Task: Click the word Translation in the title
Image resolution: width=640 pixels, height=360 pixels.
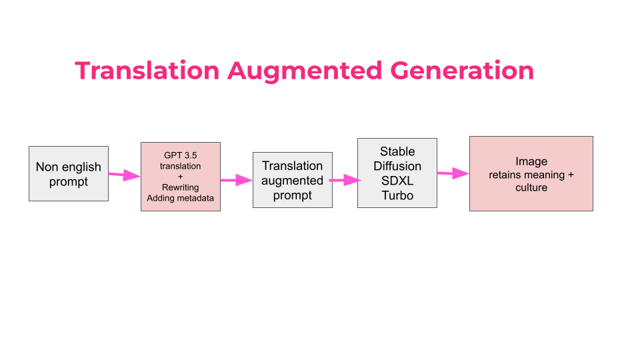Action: tap(147, 71)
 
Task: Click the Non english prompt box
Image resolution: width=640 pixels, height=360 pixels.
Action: tap(69, 174)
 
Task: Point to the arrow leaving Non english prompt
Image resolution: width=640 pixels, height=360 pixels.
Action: tap(124, 175)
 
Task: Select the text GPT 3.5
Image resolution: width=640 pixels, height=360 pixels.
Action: tap(180, 155)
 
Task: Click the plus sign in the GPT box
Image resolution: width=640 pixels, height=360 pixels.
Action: tap(180, 177)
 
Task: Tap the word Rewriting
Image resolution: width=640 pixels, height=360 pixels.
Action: tap(180, 187)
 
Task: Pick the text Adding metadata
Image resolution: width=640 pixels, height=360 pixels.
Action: tap(180, 198)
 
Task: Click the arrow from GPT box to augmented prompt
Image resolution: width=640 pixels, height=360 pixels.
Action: tap(236, 180)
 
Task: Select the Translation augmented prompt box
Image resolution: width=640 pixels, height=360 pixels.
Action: tap(292, 180)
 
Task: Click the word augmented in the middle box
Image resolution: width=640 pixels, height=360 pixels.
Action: tap(292, 181)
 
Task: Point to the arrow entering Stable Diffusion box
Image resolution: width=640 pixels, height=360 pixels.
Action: tap(344, 180)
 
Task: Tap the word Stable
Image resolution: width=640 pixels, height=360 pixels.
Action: tap(397, 151)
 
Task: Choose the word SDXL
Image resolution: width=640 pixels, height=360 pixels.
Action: tap(397, 181)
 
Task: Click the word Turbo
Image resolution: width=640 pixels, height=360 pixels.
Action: tap(397, 195)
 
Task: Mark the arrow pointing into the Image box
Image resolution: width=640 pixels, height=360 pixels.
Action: tap(453, 173)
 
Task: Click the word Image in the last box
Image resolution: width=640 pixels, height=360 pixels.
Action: tap(531, 161)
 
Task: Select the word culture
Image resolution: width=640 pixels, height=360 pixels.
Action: tap(531, 187)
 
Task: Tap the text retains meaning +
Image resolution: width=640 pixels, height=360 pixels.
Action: tap(531, 175)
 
